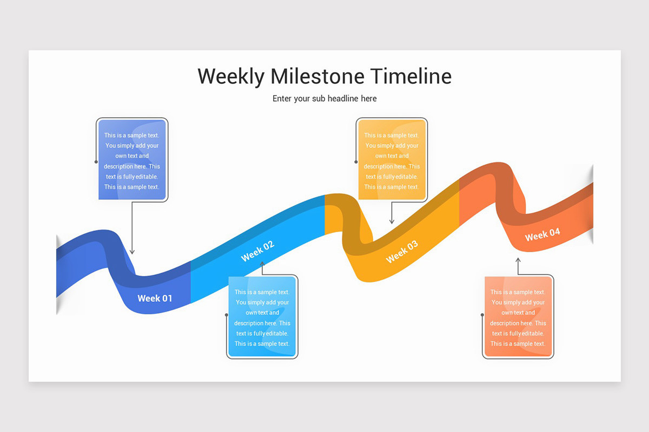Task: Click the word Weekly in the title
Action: coord(231,77)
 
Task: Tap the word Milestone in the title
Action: coord(309,77)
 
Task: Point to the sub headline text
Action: coord(325,98)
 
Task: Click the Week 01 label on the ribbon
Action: coord(155,298)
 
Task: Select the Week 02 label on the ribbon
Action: coord(257,251)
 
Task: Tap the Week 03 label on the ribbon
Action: coord(402,252)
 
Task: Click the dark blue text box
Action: coord(132,160)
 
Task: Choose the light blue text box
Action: coord(262,316)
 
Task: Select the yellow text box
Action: coord(392,160)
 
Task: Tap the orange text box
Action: coord(518,316)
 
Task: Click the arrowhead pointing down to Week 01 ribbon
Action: coord(132,252)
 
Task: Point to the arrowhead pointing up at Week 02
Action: coord(262,264)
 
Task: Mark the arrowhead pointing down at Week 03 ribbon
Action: coord(392,221)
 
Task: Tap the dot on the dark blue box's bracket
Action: coord(96,161)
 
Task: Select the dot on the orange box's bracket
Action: coord(482,314)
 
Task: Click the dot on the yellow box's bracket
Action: coord(356,161)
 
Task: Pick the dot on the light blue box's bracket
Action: coord(226,314)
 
